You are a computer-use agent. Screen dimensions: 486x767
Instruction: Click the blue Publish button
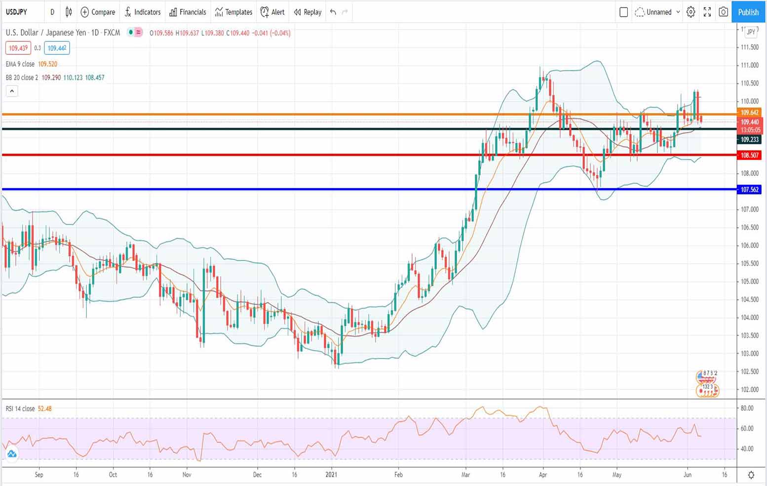tap(748, 12)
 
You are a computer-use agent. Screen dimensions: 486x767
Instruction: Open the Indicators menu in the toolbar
tap(143, 12)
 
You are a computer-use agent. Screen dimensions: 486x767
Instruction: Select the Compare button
tap(98, 12)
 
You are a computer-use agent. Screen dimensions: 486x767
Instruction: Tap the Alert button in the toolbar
tap(272, 12)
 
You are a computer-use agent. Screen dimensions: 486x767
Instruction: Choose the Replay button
tap(307, 12)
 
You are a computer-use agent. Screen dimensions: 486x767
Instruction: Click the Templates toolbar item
tap(233, 12)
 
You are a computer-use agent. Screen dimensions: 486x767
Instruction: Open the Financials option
tap(188, 12)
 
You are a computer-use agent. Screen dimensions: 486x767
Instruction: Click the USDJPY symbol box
tap(17, 12)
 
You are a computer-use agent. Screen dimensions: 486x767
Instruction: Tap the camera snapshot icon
tap(723, 12)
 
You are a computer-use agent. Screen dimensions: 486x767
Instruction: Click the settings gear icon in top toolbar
tap(691, 12)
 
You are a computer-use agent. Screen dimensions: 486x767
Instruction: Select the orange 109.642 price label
tap(749, 113)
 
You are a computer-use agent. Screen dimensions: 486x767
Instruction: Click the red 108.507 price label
tap(749, 155)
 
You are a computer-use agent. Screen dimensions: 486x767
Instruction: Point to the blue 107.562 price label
tap(749, 189)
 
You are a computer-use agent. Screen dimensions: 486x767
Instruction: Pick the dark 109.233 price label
tap(749, 140)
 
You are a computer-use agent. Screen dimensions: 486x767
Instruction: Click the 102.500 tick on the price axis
tap(749, 371)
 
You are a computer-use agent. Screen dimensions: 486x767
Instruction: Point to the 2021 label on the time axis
tap(331, 475)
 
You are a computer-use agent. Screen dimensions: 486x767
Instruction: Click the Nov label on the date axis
tap(187, 475)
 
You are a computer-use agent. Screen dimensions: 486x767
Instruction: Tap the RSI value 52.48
tap(44, 408)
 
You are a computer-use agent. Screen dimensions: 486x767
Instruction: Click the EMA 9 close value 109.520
tap(47, 64)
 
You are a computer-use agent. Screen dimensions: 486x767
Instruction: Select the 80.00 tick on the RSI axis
tap(747, 408)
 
